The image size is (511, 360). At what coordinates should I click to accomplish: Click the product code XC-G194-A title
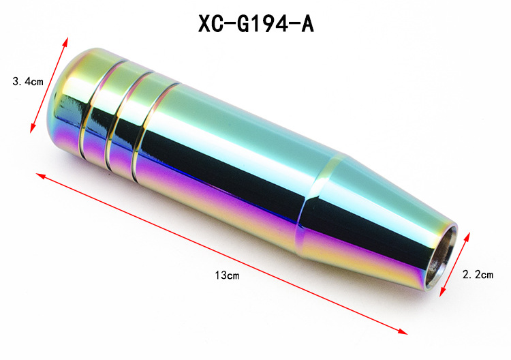click(x=256, y=23)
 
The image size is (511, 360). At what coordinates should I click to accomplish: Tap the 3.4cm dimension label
click(x=28, y=81)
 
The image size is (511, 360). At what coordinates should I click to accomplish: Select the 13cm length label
click(x=227, y=275)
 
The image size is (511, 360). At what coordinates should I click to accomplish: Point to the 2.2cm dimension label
click(x=478, y=275)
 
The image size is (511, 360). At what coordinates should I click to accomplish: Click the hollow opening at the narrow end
click(x=442, y=258)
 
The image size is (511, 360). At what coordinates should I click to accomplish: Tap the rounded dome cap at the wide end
click(x=70, y=101)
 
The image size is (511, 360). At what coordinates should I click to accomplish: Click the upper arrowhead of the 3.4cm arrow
click(x=66, y=41)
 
